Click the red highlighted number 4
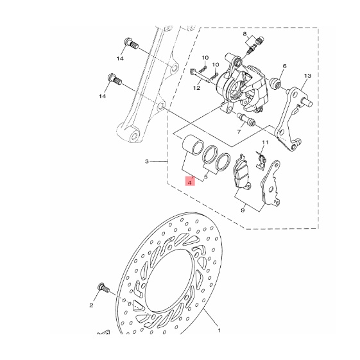190,183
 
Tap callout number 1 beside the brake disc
219,330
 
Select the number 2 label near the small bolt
91,305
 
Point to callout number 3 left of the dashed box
147,162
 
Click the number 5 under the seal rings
205,176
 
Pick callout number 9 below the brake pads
243,210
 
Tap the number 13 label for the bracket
307,76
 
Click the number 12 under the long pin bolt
197,88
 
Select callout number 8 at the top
244,34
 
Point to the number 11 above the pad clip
265,142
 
